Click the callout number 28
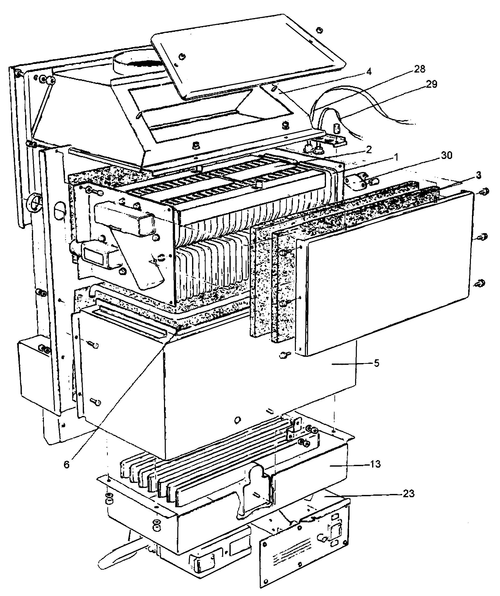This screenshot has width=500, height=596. [420, 69]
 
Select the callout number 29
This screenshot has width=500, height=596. [431, 84]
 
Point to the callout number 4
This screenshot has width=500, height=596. [369, 71]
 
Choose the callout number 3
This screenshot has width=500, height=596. [479, 176]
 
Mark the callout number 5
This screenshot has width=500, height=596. [377, 363]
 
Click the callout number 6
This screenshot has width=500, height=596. [66, 464]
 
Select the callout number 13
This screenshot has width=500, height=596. [375, 464]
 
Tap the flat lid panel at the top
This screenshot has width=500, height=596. [247, 57]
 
